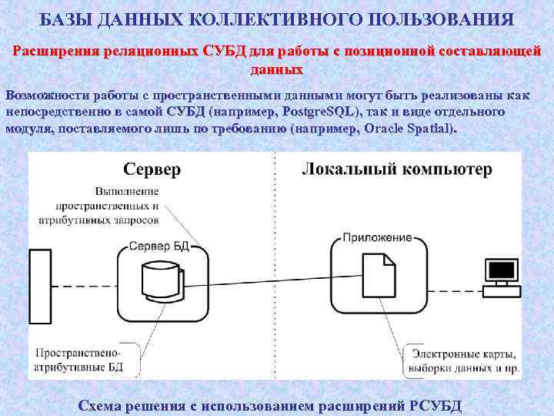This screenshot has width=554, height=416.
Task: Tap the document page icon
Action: [378, 276]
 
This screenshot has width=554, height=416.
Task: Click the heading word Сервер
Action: [152, 169]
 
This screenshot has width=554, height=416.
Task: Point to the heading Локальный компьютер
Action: [397, 169]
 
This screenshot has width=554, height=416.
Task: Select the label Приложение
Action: [377, 238]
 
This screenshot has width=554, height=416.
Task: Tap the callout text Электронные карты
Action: [462, 354]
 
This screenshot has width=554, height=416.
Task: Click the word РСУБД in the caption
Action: [436, 405]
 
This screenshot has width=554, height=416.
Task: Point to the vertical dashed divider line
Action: [275, 270]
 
